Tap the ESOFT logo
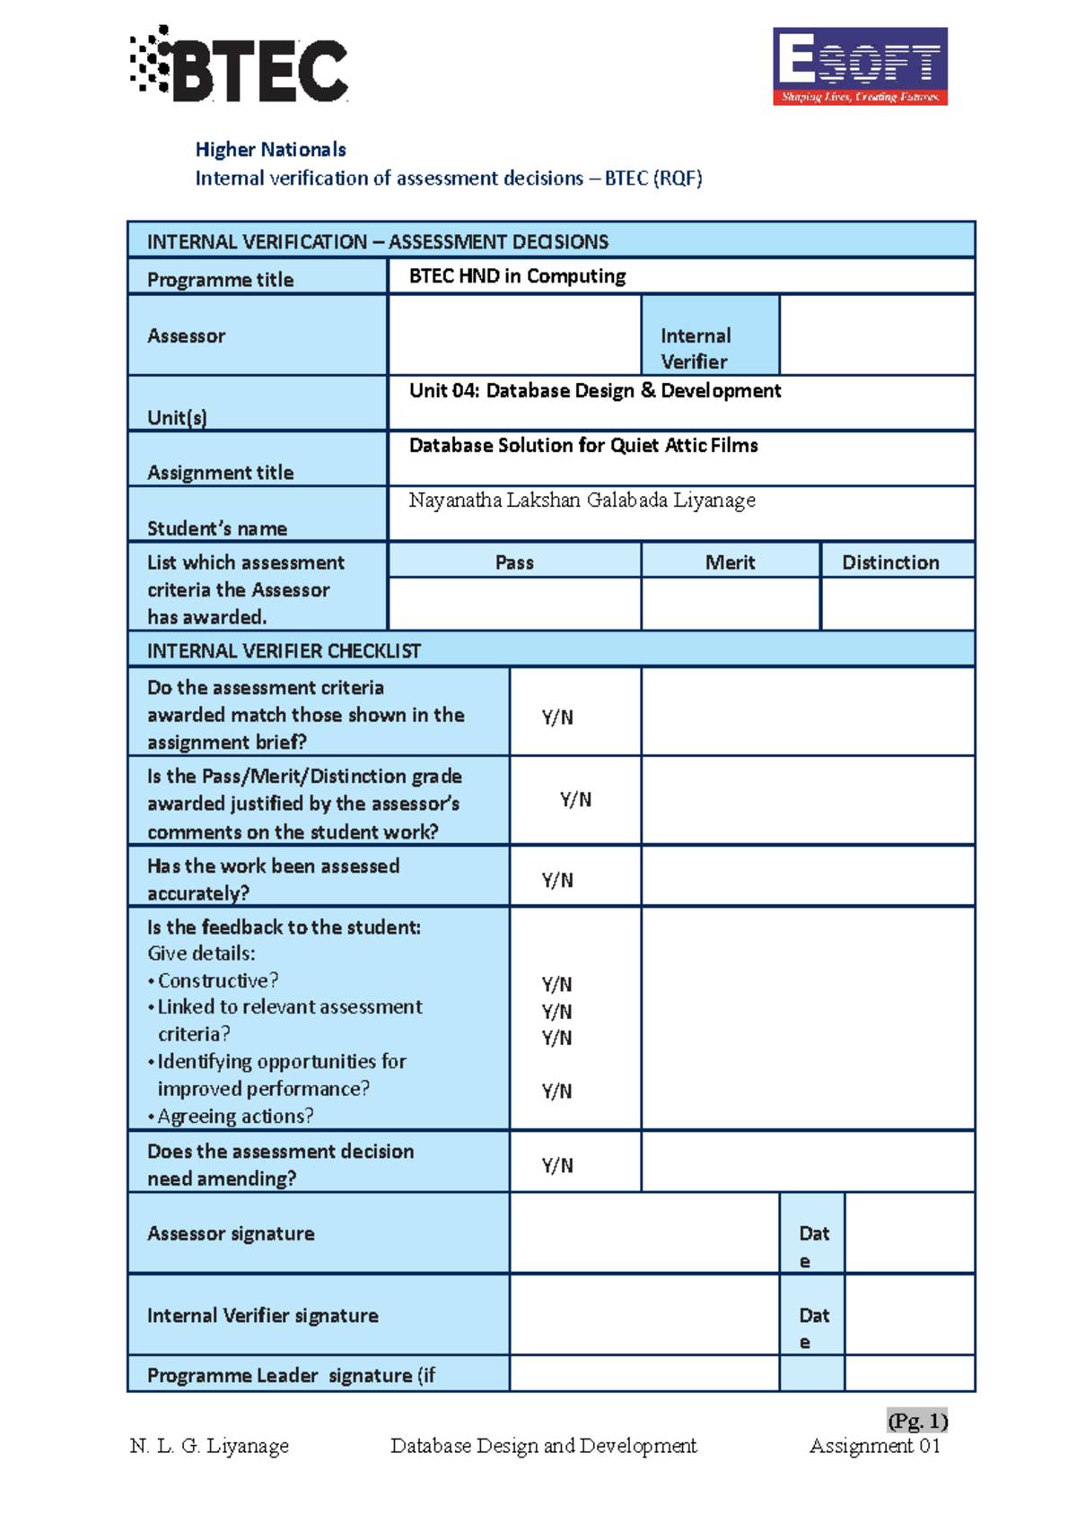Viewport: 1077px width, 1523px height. coord(860,66)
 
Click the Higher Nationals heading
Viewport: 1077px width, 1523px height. coord(270,150)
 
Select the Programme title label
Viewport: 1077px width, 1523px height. coord(220,280)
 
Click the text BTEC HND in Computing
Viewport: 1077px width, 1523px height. coord(517,276)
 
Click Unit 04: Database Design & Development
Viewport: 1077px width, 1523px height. coord(594,391)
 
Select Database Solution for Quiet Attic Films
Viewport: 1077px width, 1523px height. coord(583,446)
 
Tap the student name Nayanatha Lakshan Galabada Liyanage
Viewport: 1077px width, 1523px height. coord(582,500)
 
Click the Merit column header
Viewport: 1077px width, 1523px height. coord(730,562)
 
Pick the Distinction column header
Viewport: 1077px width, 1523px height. coord(890,562)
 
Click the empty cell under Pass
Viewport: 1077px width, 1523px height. coord(514,603)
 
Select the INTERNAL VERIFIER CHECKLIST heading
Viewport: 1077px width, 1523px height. coord(284,651)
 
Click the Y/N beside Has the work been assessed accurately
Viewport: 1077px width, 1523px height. coord(557,880)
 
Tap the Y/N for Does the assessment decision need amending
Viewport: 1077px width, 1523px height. coord(557,1165)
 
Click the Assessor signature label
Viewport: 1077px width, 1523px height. coord(231,1234)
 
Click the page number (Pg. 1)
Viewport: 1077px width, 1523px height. coord(917,1422)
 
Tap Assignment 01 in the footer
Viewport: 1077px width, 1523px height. coord(874,1446)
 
